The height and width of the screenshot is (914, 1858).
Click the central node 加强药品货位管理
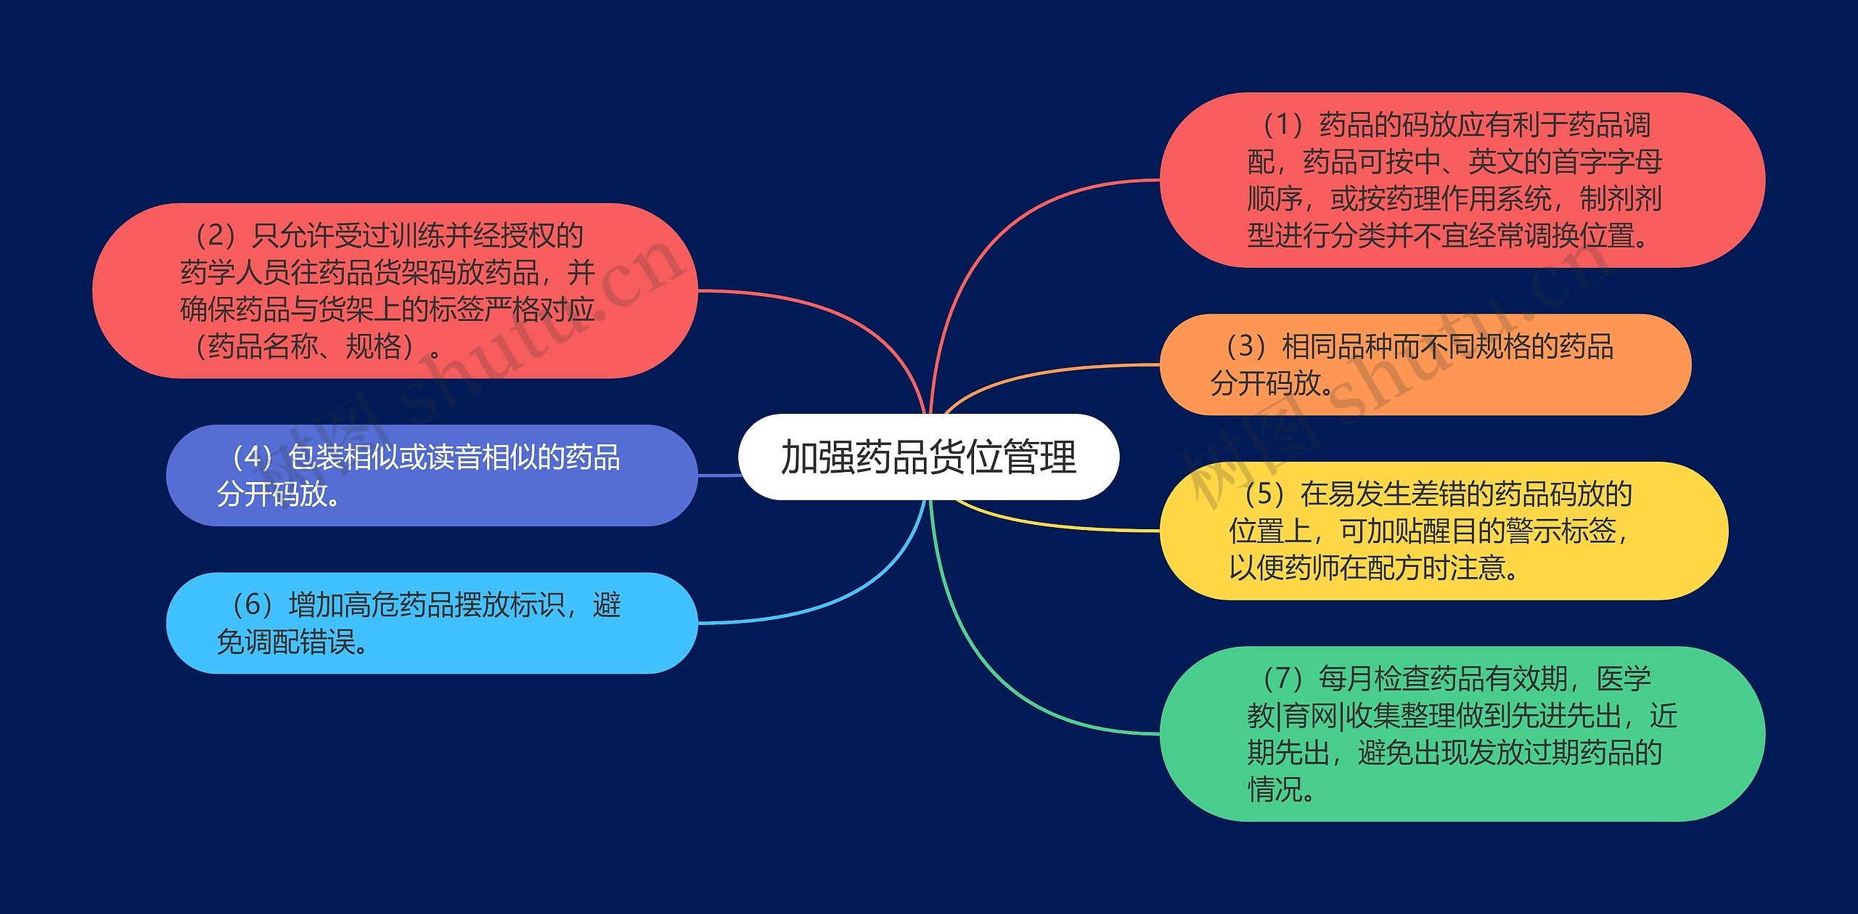(x=928, y=457)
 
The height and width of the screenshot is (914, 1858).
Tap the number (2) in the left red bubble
(x=216, y=235)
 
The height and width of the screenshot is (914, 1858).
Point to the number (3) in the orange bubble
(x=1246, y=346)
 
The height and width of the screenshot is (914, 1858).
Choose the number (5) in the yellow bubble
(x=1264, y=494)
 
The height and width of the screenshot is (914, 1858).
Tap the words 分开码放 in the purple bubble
(x=272, y=494)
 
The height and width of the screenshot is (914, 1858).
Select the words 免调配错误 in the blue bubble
(x=287, y=642)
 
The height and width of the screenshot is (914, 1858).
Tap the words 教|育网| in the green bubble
(x=1296, y=716)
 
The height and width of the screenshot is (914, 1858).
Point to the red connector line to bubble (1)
(x=1016, y=225)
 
